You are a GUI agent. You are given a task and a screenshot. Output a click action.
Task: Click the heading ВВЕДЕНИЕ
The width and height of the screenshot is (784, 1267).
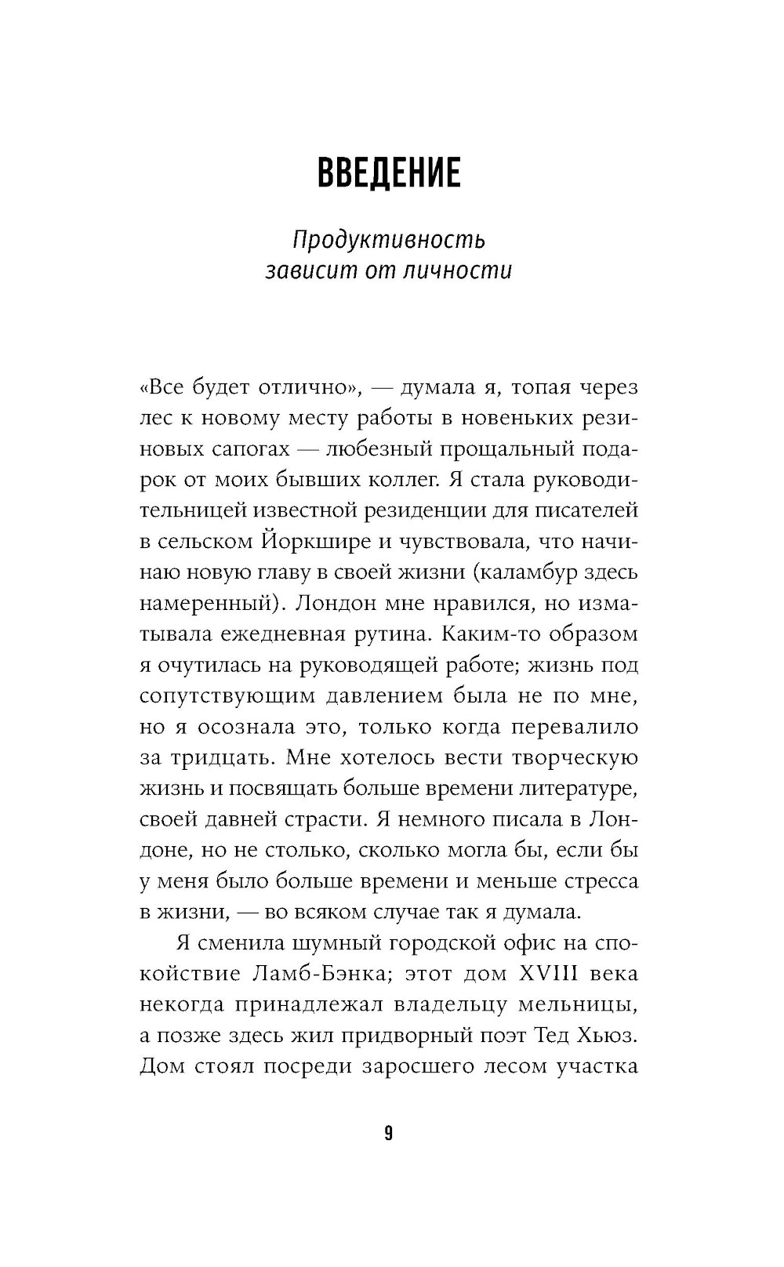tap(389, 173)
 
